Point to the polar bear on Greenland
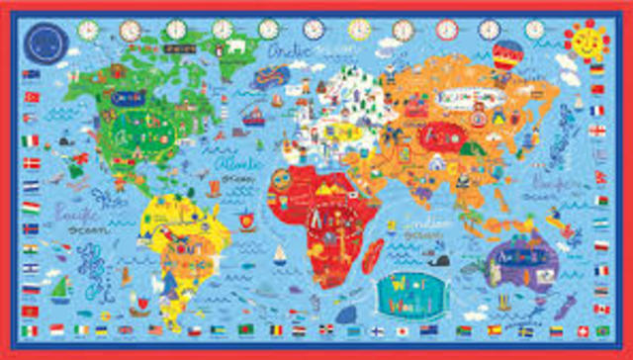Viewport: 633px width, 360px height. click(237, 46)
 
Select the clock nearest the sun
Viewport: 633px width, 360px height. click(535, 30)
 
